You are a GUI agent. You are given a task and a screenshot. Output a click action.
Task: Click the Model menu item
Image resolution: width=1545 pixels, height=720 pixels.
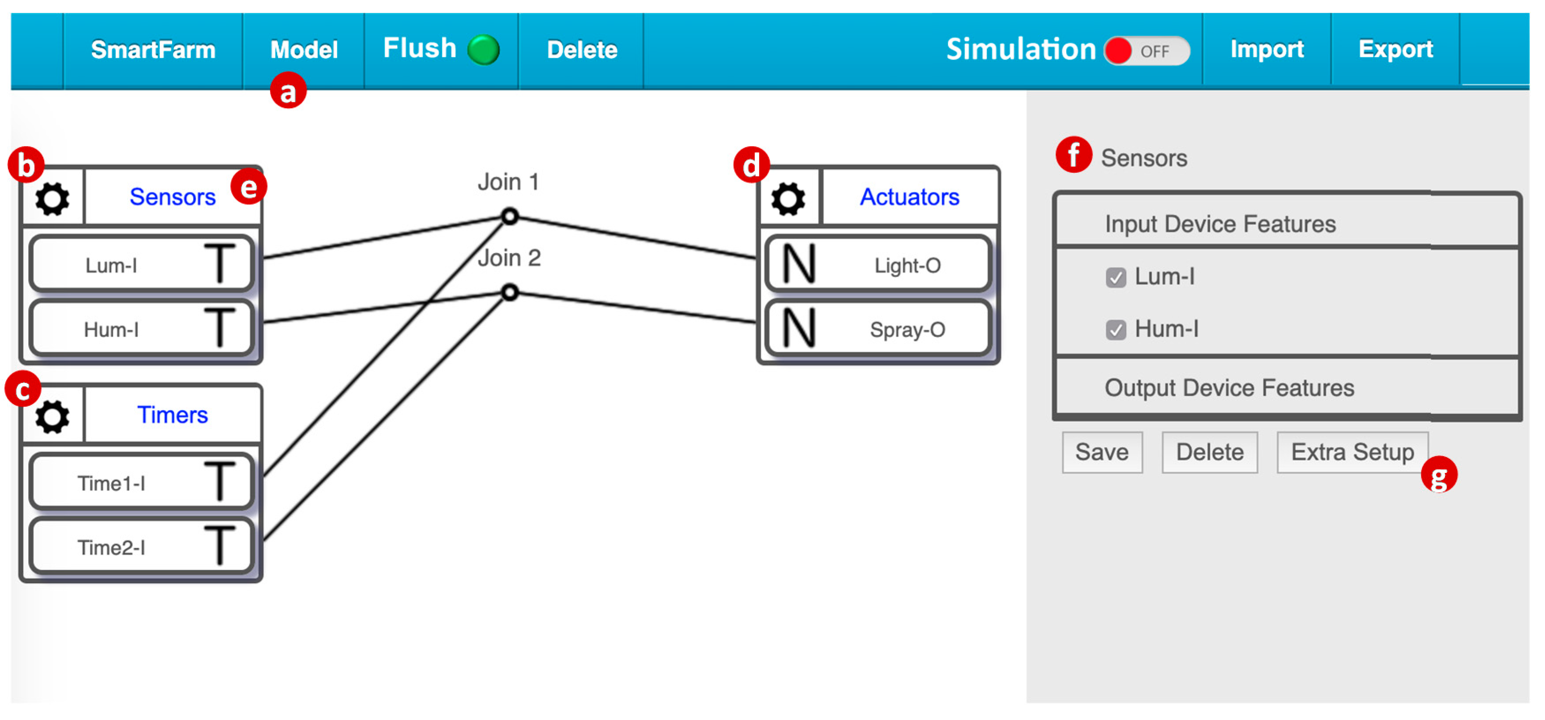tap(304, 50)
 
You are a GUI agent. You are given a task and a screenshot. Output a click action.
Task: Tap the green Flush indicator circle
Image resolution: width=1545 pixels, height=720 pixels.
tap(483, 50)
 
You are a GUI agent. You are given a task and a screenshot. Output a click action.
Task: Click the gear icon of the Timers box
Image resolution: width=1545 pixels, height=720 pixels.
tap(52, 416)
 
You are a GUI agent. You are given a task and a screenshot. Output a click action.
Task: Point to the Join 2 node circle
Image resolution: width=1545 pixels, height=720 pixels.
tap(510, 292)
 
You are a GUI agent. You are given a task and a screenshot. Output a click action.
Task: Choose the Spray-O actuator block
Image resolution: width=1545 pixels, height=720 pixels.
tap(877, 329)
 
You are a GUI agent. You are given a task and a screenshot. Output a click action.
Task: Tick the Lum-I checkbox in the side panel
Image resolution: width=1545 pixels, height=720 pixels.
tap(1116, 277)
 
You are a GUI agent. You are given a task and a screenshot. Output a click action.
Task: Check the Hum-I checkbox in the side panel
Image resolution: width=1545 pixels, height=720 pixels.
tap(1116, 330)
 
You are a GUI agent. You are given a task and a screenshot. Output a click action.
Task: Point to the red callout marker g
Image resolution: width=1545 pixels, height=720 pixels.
tap(1438, 475)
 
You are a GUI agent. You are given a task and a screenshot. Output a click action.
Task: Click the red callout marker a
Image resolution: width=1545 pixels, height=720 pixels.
tap(288, 91)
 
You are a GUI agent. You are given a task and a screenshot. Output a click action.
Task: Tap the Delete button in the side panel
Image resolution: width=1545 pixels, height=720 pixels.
tap(1209, 453)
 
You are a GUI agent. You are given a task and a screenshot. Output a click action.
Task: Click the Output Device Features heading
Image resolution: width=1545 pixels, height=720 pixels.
tap(1229, 388)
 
